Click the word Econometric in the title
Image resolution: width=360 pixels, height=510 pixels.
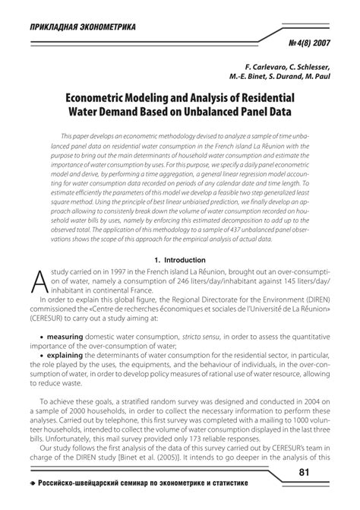click(x=100, y=98)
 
